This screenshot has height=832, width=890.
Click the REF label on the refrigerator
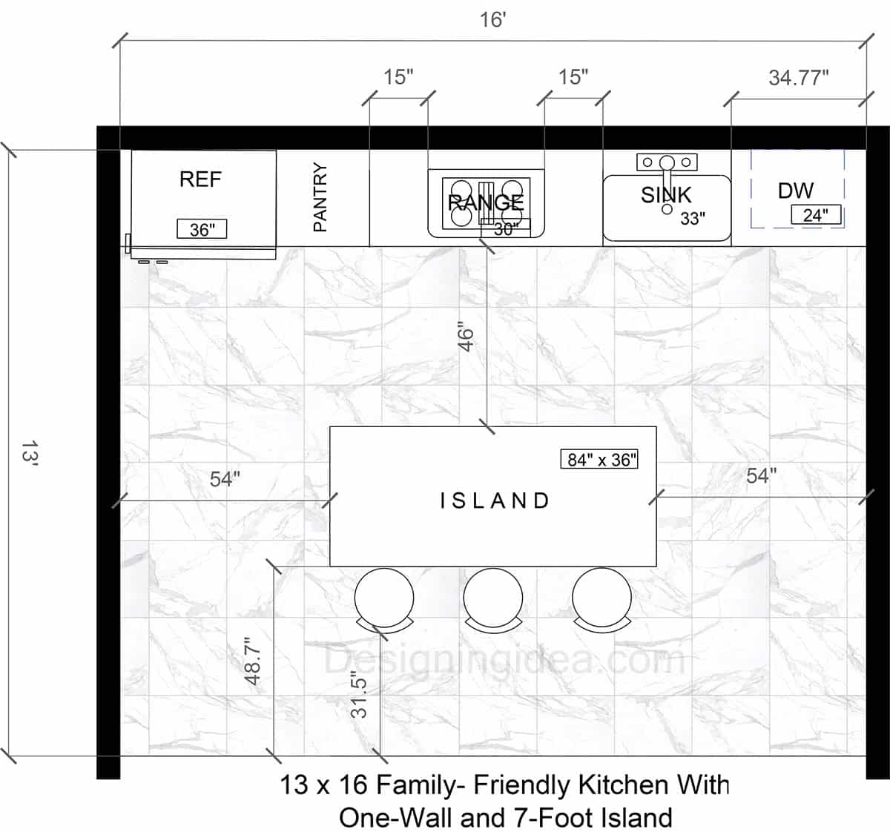tap(200, 179)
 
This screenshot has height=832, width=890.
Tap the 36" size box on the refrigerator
tap(202, 229)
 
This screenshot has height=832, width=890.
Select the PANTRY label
tap(320, 197)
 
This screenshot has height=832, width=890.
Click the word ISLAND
tap(495, 501)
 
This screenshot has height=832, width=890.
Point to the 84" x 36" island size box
tap(599, 459)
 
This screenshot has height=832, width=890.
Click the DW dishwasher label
tap(795, 191)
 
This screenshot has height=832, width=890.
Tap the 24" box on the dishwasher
tap(816, 215)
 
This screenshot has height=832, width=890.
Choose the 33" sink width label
tap(693, 219)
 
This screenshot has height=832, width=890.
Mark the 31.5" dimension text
tap(360, 694)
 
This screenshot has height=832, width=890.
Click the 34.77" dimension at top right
tap(798, 77)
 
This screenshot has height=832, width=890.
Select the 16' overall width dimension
tap(492, 19)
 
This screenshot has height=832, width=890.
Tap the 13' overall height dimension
tap(29, 453)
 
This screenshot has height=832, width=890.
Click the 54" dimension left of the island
tap(225, 479)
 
